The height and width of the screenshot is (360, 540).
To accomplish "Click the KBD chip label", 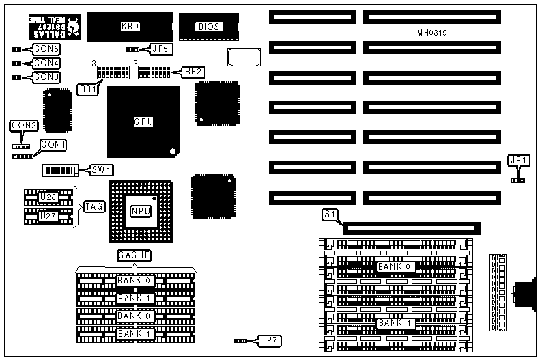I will click(130, 27).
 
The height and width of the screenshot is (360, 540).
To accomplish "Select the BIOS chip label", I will click(208, 27).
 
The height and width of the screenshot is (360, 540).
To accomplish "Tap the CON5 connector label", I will click(46, 49).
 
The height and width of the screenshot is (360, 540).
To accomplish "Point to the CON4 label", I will click(46, 64).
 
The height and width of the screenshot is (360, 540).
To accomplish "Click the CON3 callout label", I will click(46, 77).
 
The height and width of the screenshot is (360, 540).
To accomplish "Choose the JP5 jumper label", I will click(160, 49).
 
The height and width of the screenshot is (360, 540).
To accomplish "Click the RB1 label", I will click(87, 89).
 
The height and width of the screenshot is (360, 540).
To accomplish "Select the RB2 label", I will click(193, 71).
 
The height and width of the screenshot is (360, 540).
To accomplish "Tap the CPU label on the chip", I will click(143, 122).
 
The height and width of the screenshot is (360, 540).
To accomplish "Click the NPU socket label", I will click(140, 211).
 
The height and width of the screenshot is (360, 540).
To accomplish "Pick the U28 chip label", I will click(48, 198).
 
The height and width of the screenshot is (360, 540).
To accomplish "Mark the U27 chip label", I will click(48, 217).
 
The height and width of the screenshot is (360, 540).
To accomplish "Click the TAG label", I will click(94, 206).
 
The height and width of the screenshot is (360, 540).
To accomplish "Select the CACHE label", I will click(134, 255).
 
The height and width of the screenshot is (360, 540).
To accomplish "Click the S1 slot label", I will click(330, 214).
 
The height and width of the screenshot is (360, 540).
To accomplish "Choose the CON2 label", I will click(23, 126).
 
